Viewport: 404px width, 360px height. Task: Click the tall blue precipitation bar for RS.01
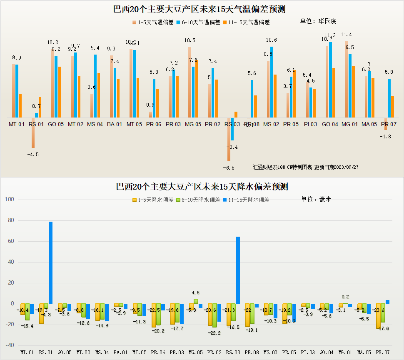50,262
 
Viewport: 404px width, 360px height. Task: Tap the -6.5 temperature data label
229,167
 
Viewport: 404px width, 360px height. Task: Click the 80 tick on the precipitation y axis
10,220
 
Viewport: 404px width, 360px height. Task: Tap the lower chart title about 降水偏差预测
202,186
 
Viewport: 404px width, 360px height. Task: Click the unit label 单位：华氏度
318,21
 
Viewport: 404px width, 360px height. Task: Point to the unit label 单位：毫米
316,199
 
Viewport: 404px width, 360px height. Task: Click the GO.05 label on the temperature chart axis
56,124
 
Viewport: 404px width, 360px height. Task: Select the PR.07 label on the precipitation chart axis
382,352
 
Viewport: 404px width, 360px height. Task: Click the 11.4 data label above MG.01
346,35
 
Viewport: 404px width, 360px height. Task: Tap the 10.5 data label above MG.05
190,40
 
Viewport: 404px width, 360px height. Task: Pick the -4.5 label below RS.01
32,155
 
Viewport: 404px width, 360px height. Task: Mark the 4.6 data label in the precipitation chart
196,293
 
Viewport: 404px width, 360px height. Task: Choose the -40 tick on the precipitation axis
10,345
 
